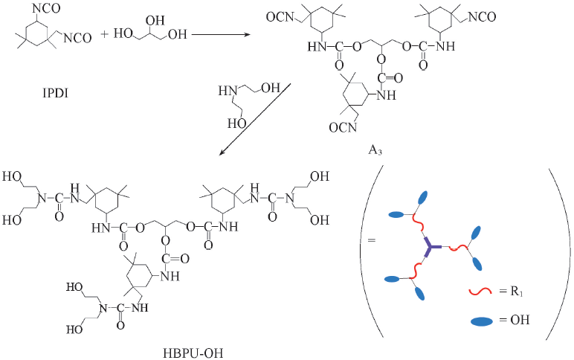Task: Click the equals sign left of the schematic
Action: click(x=373, y=240)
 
